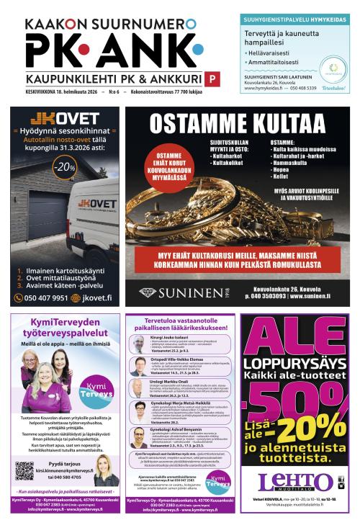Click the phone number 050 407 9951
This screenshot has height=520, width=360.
pyautogui.click(x=46, y=297)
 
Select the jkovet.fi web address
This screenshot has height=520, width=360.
pyautogui.click(x=96, y=297)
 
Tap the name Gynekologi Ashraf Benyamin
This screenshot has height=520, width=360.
pyautogui.click(x=179, y=429)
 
